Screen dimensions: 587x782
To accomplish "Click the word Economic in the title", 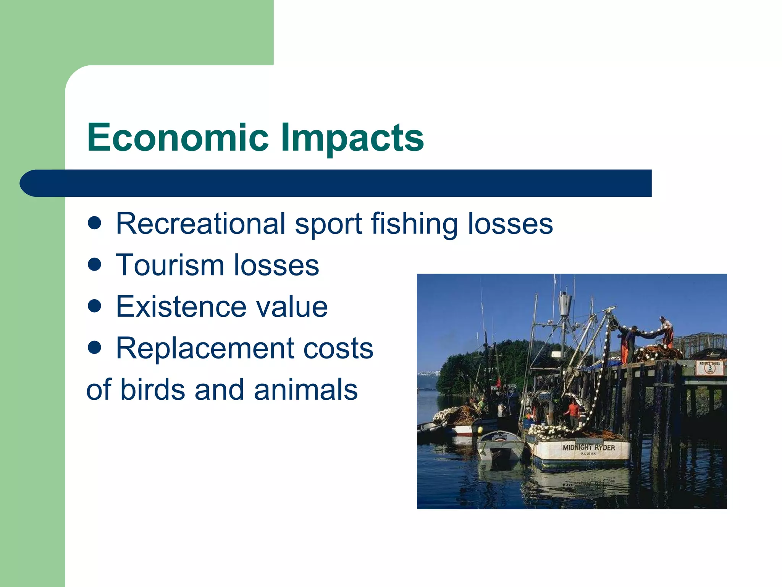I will point(178,138).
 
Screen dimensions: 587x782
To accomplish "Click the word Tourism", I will point(170,265).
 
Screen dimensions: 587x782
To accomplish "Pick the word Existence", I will point(181,307).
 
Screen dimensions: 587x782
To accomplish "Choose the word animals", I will point(305,390).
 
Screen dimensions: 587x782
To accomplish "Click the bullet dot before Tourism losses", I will point(94,264).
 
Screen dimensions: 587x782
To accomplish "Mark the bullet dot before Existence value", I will point(94,306).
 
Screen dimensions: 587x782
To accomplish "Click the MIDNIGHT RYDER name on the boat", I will point(588,448).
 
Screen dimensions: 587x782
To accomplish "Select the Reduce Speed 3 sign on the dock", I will point(709,367).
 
